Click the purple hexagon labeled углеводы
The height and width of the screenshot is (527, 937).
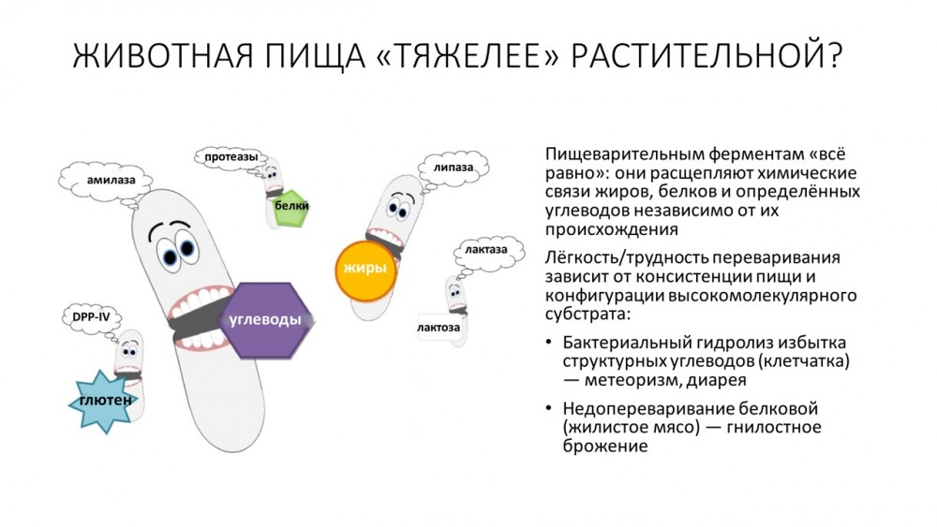pos(266,320)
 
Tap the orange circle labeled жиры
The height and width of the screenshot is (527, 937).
pos(365,271)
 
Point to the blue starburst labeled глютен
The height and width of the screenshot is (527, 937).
pos(105,401)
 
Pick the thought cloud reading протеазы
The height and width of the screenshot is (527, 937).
pos(231,157)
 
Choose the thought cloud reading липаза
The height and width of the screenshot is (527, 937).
pos(453,168)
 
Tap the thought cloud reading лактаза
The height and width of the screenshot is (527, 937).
pos(486,251)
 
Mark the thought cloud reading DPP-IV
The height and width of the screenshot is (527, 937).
pos(92,317)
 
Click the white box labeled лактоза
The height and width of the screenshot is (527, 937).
pos(439,327)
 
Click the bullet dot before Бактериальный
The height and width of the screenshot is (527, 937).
pos(548,343)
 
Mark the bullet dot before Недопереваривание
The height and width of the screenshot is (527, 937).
pos(548,408)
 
